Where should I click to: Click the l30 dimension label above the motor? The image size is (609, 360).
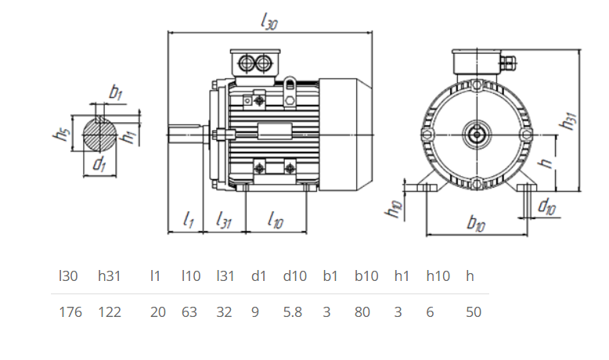pos(268,23)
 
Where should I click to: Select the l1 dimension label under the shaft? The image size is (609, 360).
pos(188,221)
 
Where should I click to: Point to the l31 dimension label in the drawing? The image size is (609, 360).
pos(225,221)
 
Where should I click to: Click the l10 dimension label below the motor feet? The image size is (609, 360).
pos(275,221)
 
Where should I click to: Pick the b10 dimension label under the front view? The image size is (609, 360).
pos(476,223)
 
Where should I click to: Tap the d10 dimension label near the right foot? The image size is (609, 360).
pos(547,207)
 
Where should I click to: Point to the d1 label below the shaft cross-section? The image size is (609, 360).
pos(99,164)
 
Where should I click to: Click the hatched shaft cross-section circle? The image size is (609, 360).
pos(99,134)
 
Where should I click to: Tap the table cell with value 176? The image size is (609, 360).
pos(70,312)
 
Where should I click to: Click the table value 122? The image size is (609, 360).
pos(110,312)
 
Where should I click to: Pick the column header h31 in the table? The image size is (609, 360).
pos(110,276)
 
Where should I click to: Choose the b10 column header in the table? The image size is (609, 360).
pos(366,276)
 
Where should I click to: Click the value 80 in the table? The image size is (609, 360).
pos(362,312)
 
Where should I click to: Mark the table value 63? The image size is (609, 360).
pos(189,312)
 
